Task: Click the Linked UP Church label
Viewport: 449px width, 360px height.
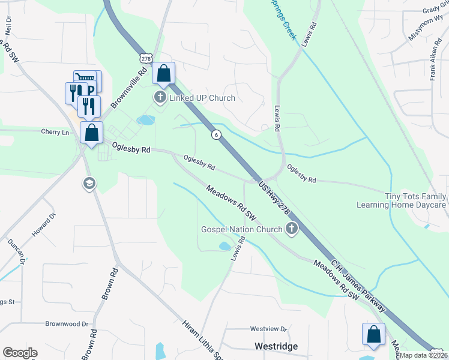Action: pyautogui.click(x=202, y=98)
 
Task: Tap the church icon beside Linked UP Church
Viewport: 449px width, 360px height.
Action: pyautogui.click(x=160, y=97)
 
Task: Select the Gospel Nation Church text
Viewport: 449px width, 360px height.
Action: pyautogui.click(x=241, y=229)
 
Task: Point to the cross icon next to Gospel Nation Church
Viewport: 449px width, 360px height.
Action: pyautogui.click(x=292, y=228)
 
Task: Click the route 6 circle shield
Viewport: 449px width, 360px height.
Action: pyautogui.click(x=215, y=135)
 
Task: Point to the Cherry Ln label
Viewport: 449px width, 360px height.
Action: pyautogui.click(x=55, y=132)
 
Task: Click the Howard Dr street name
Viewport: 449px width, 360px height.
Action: pyautogui.click(x=44, y=224)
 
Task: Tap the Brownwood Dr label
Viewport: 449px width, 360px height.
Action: pyautogui.click(x=71, y=323)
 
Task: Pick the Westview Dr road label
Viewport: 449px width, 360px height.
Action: pyautogui.click(x=269, y=329)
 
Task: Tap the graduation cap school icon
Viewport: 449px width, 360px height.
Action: pyautogui.click(x=89, y=183)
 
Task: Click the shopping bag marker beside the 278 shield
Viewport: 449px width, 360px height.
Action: pyautogui.click(x=163, y=74)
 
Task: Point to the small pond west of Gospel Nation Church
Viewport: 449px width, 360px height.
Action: pyautogui.click(x=224, y=246)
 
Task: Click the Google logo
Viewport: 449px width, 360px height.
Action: pyautogui.click(x=20, y=353)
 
